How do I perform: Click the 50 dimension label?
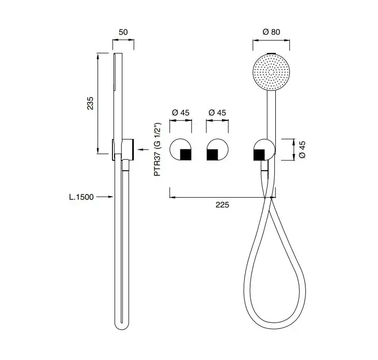[123, 32]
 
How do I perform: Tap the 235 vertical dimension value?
[90, 103]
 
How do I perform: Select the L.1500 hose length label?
[81, 197]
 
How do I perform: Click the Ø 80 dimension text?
[271, 32]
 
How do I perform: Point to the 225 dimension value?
[222, 205]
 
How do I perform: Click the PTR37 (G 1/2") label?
[158, 149]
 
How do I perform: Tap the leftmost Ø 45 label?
[180, 113]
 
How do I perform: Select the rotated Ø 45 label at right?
[302, 149]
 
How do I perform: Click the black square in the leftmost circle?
[186, 155]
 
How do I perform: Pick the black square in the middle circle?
[213, 155]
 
